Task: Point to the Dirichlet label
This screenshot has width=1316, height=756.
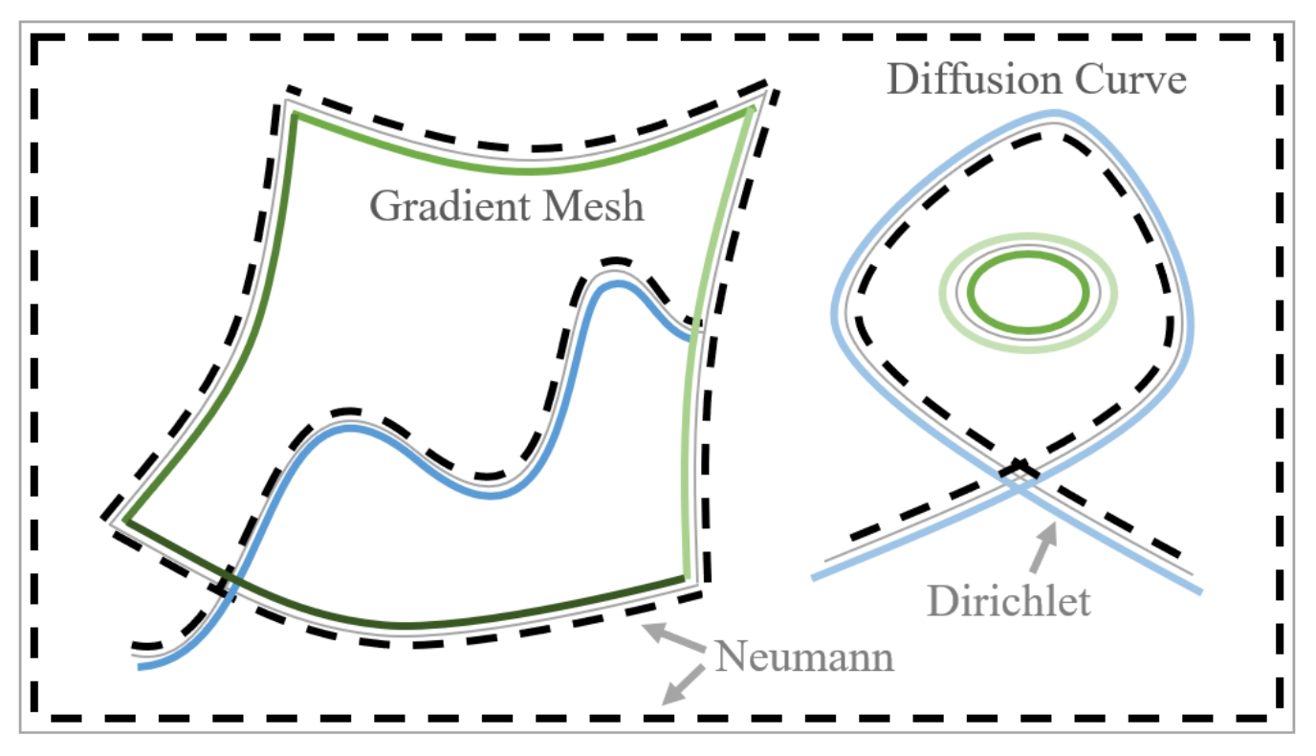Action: click(1009, 601)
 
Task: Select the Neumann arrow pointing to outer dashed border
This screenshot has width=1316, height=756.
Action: click(683, 686)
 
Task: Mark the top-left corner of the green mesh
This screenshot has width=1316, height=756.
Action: click(295, 115)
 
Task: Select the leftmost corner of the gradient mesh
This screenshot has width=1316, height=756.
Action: click(124, 522)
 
